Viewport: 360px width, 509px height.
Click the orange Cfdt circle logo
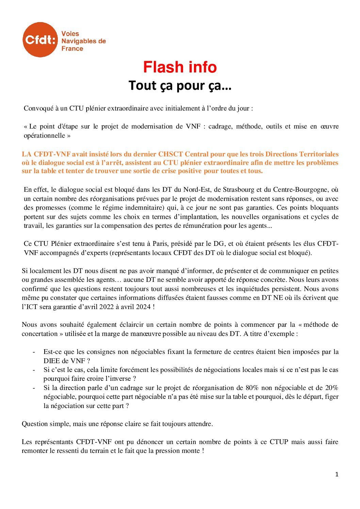[x=40, y=40]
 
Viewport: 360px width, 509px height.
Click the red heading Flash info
[x=180, y=67]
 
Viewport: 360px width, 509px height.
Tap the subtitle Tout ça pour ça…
[x=180, y=86]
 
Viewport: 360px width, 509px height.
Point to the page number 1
[x=337, y=475]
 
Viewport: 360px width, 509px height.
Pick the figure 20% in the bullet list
[x=331, y=388]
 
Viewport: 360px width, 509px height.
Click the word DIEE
[x=52, y=360]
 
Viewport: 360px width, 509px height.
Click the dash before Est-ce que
[x=34, y=352]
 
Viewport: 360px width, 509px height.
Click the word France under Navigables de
[x=72, y=49]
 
